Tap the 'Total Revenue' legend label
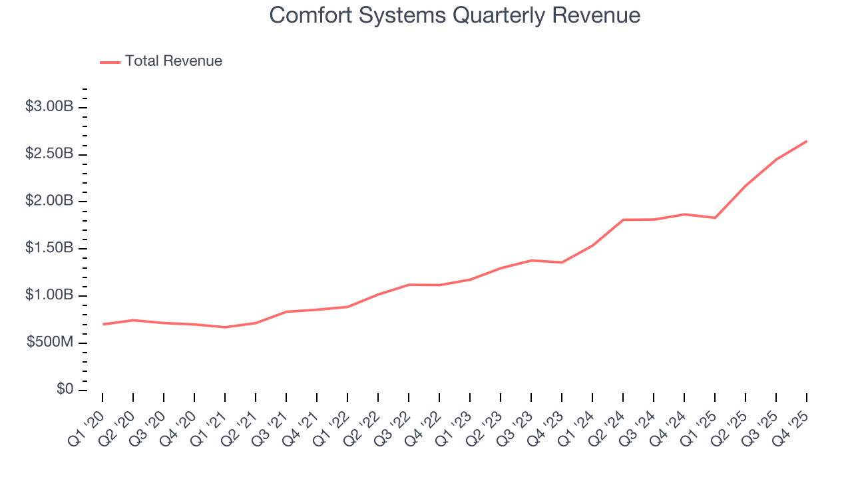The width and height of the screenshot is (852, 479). (x=173, y=61)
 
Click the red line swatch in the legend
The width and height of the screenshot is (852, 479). (x=110, y=62)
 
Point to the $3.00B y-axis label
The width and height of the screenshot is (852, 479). (x=49, y=106)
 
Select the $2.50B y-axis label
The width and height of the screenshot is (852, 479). (x=49, y=154)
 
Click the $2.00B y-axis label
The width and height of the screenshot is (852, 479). (x=49, y=201)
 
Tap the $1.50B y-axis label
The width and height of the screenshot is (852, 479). (x=49, y=248)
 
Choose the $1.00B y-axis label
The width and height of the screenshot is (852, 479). (x=49, y=295)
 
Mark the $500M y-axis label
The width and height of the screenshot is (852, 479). (x=50, y=343)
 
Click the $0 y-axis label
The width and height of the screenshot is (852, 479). (x=65, y=389)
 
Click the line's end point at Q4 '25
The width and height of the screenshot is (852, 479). (x=807, y=141)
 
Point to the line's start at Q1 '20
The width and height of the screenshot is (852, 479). (x=103, y=324)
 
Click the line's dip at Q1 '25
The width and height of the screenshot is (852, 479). (x=715, y=218)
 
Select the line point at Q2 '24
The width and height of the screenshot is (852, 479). (x=623, y=220)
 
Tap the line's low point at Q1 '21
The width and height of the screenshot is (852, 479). (x=225, y=327)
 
